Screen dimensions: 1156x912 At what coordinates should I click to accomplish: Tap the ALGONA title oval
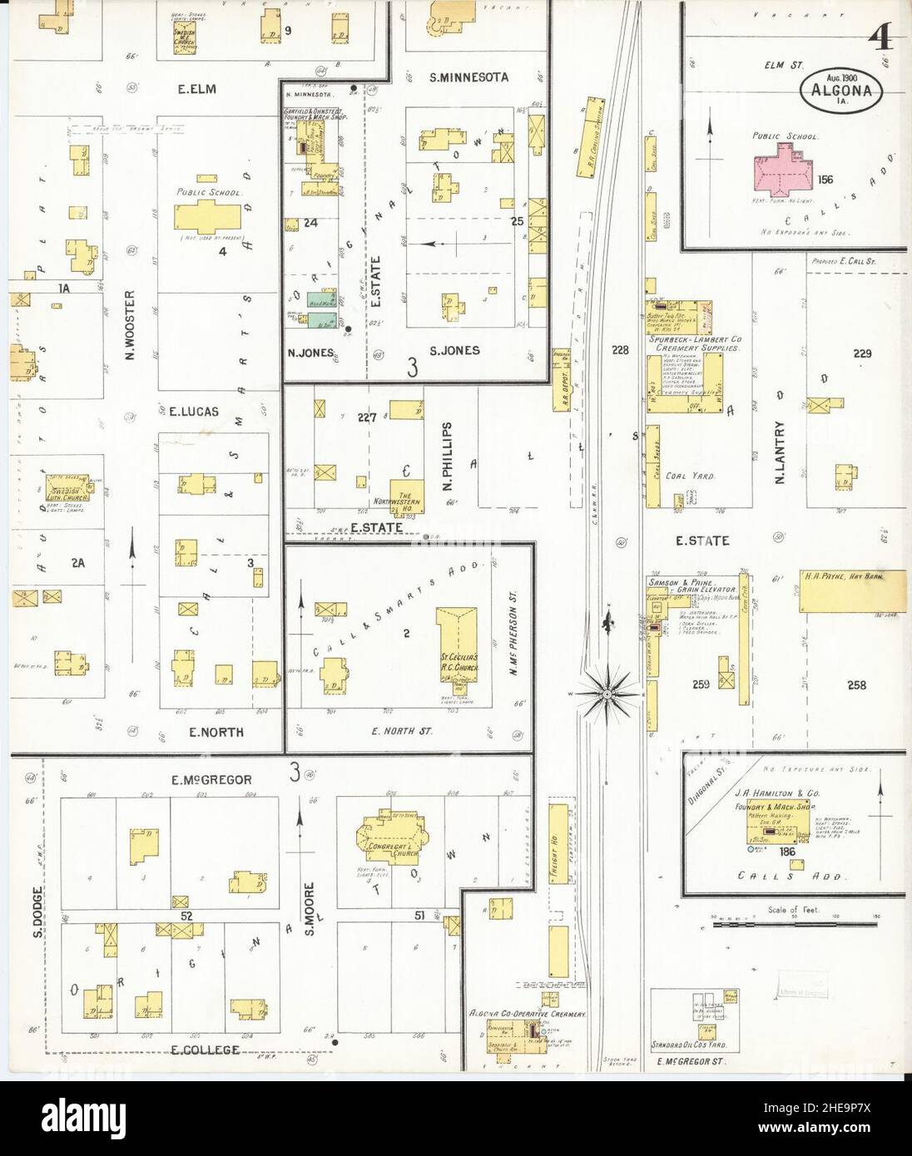pos(843,86)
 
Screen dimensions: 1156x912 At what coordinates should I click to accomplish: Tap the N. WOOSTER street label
pos(131,327)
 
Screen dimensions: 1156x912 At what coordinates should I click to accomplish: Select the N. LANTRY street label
pos(781,450)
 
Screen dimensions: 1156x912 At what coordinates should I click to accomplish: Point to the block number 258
pos(856,685)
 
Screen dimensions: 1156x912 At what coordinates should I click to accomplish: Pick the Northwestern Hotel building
pos(406,495)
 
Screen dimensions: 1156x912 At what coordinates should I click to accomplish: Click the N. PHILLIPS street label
pos(446,438)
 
